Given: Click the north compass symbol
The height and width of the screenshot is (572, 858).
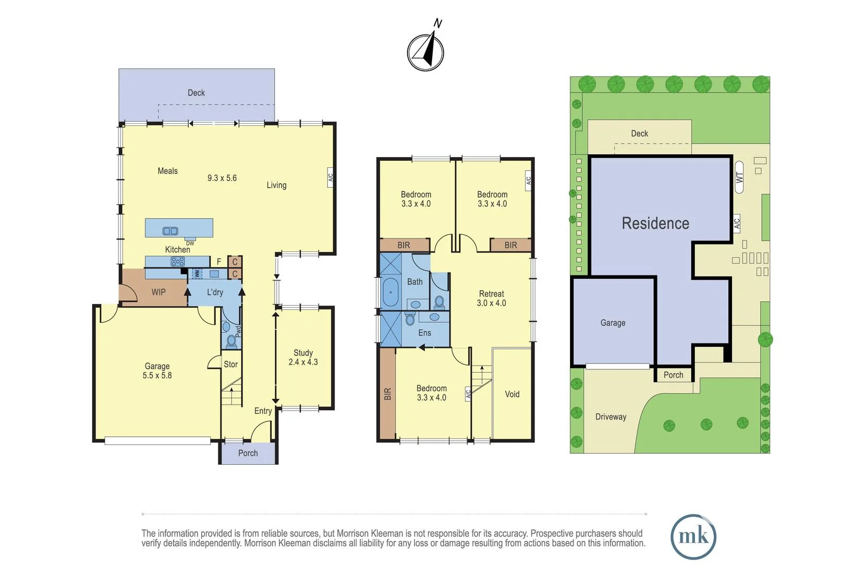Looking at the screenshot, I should tap(425, 52).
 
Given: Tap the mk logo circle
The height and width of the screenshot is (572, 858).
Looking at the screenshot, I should tap(693, 537).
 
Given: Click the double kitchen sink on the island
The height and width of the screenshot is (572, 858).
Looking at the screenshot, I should tap(171, 231).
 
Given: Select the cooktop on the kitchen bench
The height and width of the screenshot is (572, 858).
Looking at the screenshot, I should tap(177, 262).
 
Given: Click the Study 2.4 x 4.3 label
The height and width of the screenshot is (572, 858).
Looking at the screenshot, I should tap(303, 358).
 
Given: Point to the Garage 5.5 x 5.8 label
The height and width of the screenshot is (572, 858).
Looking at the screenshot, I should tap(157, 371).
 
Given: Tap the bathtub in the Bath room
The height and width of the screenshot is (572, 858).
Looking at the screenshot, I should tap(390, 293).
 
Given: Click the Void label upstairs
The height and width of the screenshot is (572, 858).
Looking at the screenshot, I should tap(512, 394).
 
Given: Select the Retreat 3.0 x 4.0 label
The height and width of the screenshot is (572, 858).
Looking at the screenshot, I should tap(491, 299).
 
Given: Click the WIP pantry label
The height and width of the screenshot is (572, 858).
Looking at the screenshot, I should tap(158, 292).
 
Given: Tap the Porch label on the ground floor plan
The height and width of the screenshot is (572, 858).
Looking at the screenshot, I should tap(248, 453).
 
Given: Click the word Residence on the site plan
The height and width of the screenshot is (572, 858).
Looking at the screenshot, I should tap(655, 223).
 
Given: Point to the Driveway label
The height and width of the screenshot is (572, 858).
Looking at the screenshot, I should tap(611, 417).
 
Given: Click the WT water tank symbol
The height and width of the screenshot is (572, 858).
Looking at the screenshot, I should tap(739, 176).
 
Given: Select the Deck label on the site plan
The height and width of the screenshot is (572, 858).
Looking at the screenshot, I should tap(639, 133).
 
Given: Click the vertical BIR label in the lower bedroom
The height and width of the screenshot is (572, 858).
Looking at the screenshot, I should tap(388, 394).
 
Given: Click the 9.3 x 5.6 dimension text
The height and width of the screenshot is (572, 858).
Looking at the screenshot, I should tap(222, 178).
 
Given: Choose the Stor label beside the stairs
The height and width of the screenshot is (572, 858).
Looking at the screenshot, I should tap(231, 365).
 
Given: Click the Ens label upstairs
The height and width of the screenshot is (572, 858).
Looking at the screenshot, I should tap(425, 333).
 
